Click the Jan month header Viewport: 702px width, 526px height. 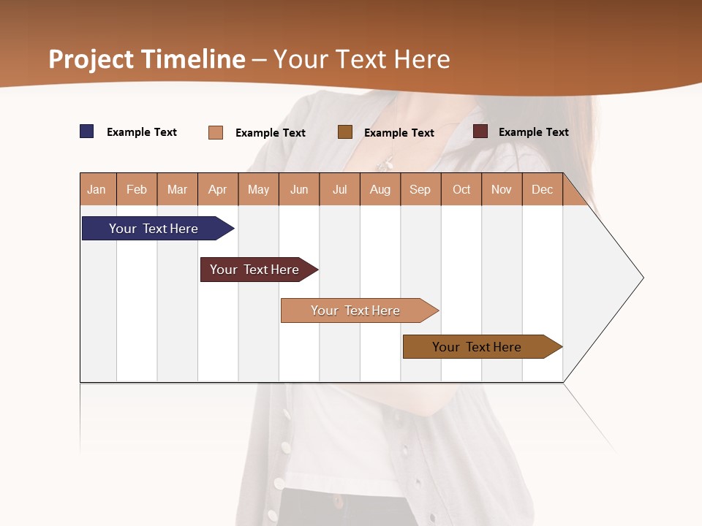click(x=97, y=189)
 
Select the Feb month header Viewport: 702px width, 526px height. click(x=137, y=189)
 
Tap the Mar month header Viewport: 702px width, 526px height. click(x=177, y=189)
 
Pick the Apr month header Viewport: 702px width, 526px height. click(x=218, y=189)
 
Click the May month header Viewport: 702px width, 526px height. click(x=258, y=189)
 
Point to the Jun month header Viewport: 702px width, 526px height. click(x=299, y=189)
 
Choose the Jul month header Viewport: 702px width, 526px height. click(x=339, y=189)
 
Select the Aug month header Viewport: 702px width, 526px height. click(x=380, y=189)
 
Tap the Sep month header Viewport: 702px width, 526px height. click(x=420, y=189)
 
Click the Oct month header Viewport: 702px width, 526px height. click(x=461, y=189)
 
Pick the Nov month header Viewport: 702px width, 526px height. click(x=502, y=189)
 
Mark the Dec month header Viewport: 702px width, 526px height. click(x=543, y=189)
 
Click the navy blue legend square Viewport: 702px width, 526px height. click(x=87, y=131)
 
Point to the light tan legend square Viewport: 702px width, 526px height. click(x=216, y=132)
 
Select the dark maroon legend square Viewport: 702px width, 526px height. click(x=480, y=131)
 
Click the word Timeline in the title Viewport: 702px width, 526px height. click(x=194, y=59)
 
